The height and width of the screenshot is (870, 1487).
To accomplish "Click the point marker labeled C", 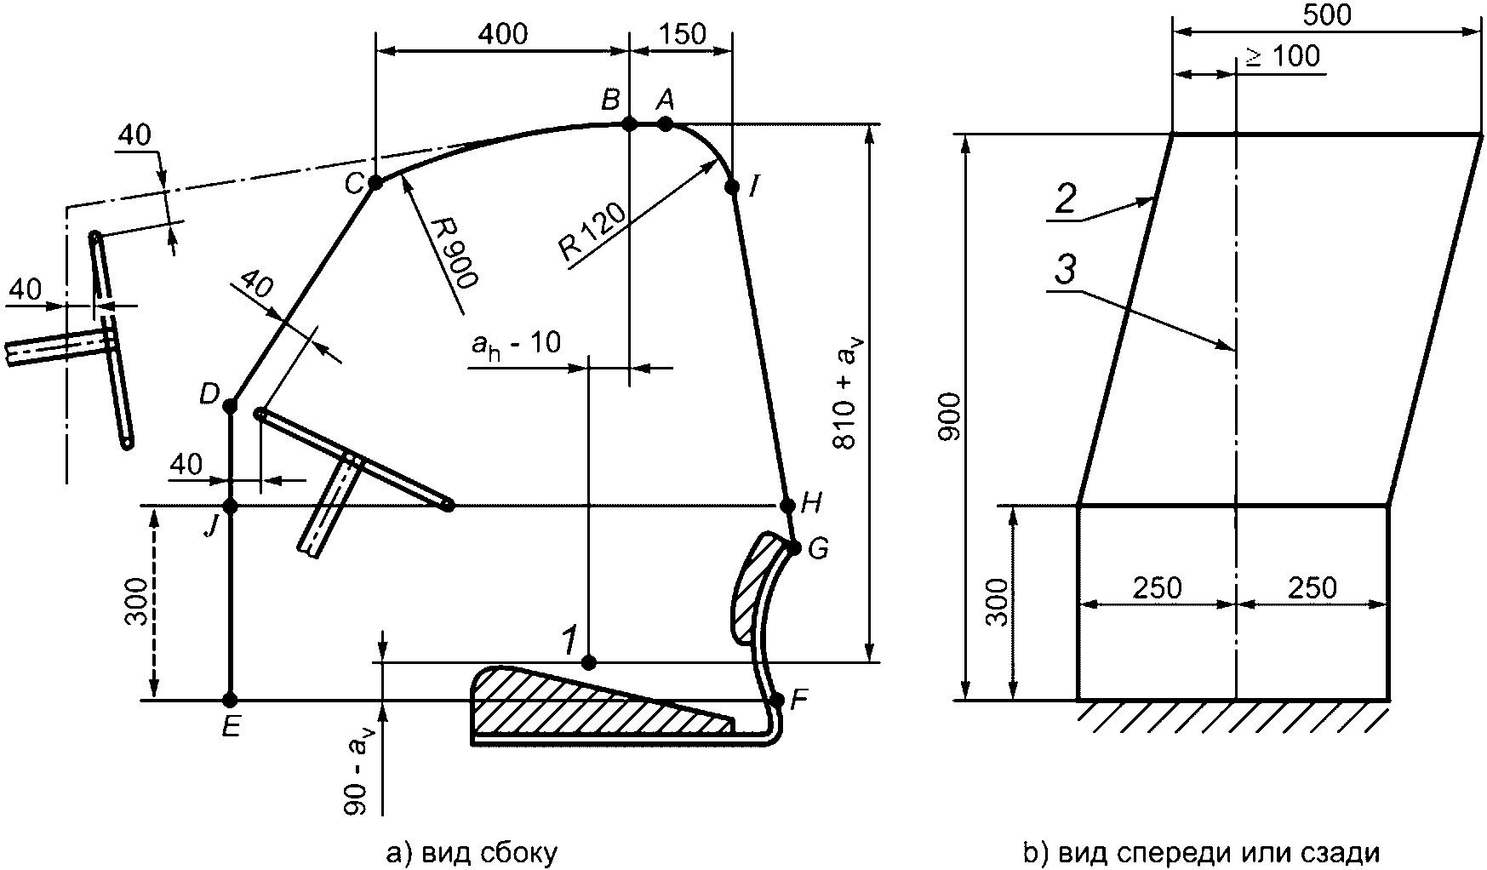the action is click(375, 182).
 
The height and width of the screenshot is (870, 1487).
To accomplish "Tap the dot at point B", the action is click(629, 124).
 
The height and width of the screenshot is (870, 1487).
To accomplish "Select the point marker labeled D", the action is click(230, 407).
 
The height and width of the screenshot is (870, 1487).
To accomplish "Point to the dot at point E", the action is click(230, 701).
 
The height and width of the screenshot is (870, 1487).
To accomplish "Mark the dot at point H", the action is click(786, 506).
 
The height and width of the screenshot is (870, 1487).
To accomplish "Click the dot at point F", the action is click(776, 701).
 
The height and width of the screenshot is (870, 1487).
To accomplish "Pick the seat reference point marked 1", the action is click(587, 662).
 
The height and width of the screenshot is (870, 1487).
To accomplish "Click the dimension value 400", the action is click(502, 34).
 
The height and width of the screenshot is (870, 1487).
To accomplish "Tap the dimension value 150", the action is click(682, 34).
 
